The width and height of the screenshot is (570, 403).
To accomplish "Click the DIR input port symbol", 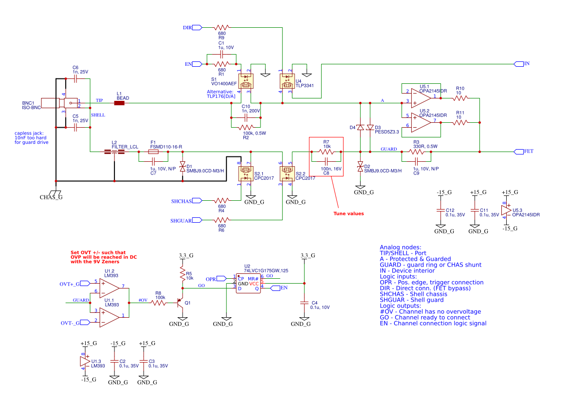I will pos(197,28).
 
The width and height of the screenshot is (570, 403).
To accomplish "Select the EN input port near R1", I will pos(198,64).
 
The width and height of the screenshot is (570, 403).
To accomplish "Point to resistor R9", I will pos(221,28).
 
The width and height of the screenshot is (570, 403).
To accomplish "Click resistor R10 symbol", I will pos(460,98).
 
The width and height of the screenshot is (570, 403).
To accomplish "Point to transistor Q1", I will pos(181,303).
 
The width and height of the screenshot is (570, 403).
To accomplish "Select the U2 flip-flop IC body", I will pos(248,283).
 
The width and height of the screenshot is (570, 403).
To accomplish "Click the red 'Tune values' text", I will pos(348,213).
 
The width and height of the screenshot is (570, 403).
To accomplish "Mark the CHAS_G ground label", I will pos(51,197).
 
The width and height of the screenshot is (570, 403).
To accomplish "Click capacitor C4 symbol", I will pos(305,303).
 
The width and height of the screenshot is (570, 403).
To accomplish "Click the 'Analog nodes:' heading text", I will pos(400,247).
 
